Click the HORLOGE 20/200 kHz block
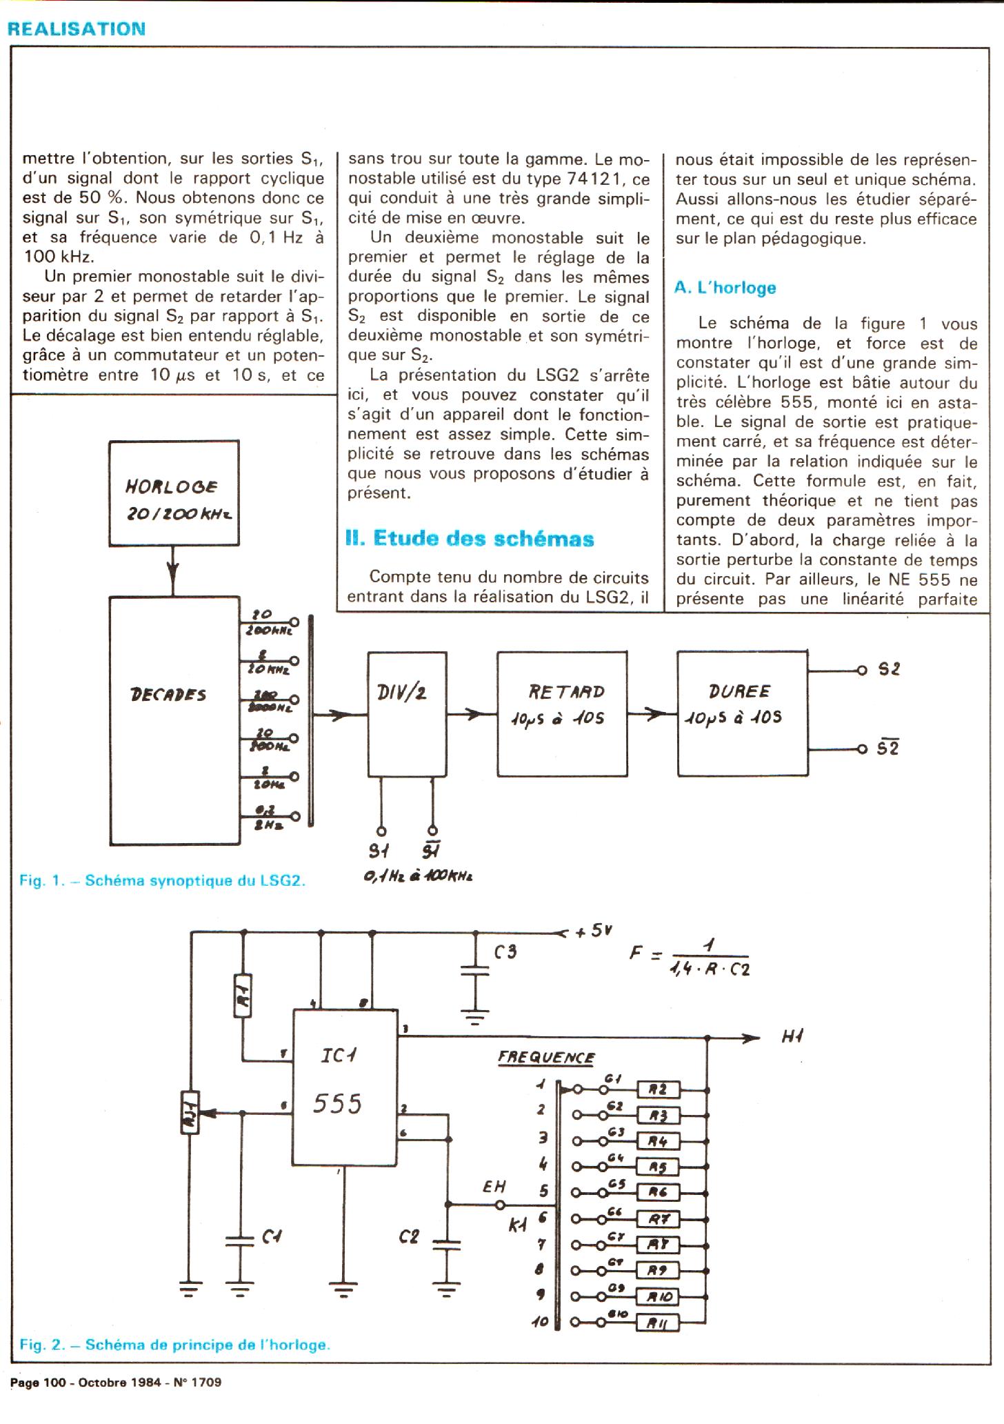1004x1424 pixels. [x=174, y=493]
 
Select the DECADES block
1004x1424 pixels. [x=174, y=720]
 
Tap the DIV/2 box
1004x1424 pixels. [x=406, y=714]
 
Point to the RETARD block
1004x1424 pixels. [x=562, y=714]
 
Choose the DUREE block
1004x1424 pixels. [x=742, y=713]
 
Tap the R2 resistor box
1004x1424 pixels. [x=659, y=1090]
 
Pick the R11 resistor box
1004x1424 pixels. [x=659, y=1323]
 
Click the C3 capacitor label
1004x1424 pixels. [x=505, y=953]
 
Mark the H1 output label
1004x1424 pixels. [x=793, y=1036]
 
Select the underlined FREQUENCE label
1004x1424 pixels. [x=546, y=1058]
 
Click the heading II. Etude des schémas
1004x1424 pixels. [x=470, y=539]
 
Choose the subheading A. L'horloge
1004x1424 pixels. [x=725, y=288]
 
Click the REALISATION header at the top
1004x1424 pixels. [x=76, y=29]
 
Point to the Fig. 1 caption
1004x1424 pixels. [x=162, y=880]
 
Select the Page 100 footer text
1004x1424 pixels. [x=115, y=1382]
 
